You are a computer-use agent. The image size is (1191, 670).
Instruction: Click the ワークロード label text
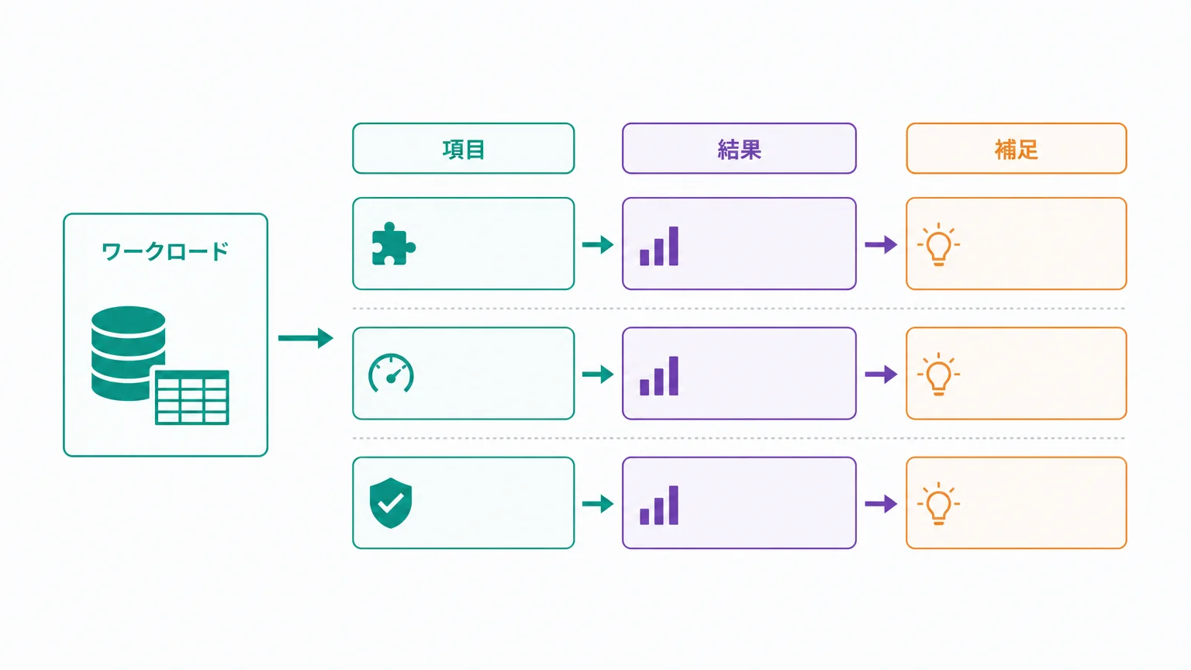coord(165,251)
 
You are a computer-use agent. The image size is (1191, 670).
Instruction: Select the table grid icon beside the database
coord(192,397)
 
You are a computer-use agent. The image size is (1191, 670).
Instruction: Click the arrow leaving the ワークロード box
coord(306,338)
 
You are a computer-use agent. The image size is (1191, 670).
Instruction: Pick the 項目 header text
coord(464,150)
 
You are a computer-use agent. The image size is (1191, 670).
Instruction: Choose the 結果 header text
coord(739,150)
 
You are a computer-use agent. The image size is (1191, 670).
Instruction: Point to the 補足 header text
coord(1016,150)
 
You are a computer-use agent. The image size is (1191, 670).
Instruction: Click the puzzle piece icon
coord(393,243)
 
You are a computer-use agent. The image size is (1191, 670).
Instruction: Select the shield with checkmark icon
coord(391,503)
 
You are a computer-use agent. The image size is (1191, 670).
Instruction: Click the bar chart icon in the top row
coord(659,246)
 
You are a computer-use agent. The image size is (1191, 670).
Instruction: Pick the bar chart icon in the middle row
coord(659,375)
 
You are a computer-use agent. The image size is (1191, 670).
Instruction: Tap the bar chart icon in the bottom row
coord(659,505)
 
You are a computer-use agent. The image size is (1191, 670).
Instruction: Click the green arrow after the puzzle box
coord(598,244)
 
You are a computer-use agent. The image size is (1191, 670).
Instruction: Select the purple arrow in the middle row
coord(881,375)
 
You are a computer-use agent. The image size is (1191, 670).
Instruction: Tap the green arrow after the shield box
coord(598,503)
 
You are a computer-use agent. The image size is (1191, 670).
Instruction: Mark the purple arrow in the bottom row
coord(881,503)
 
